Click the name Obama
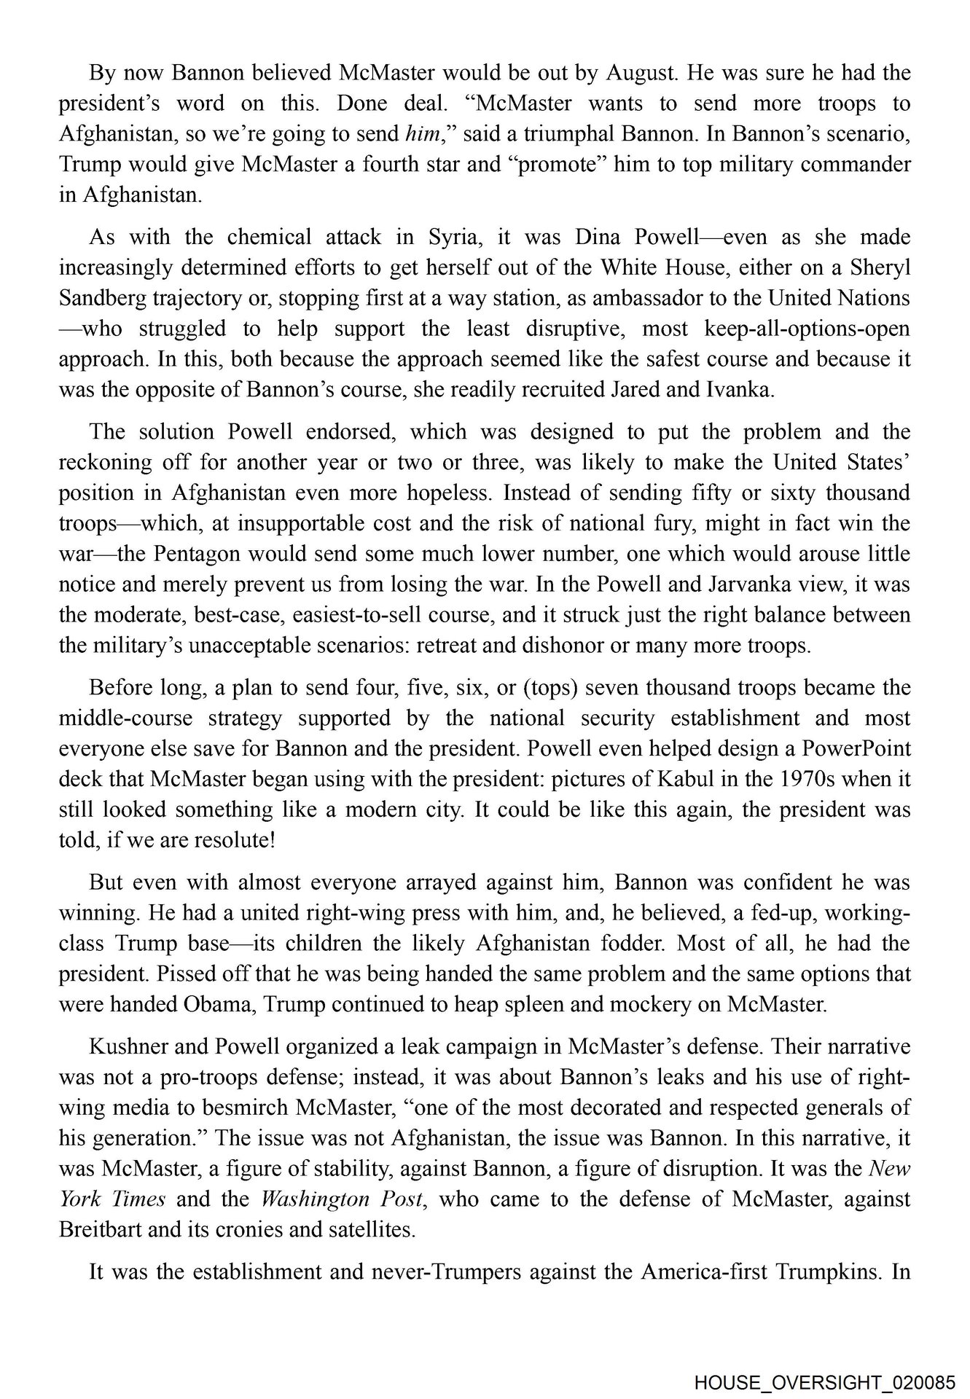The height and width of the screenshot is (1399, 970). (219, 1004)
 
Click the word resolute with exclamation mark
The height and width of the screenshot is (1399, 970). (233, 840)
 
